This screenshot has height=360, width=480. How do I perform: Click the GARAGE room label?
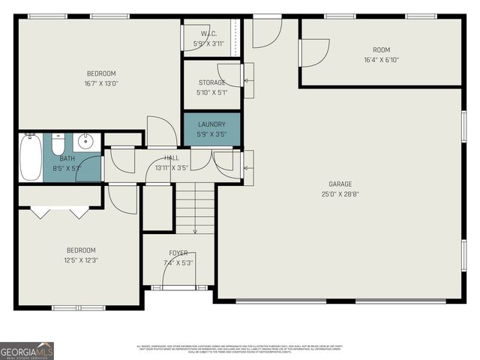[339, 184]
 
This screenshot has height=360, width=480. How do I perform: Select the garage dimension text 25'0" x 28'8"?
[339, 194]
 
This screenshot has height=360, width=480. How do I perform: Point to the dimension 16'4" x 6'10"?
[381, 59]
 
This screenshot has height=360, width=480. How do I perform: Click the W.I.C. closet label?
[208, 34]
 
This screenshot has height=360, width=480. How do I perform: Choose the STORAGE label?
[211, 82]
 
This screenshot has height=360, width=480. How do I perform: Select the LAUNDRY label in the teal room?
[211, 124]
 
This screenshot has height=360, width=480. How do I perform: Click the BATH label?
[67, 158]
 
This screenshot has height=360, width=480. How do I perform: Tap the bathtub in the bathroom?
[31, 157]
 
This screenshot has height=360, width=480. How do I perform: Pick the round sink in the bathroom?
[86, 140]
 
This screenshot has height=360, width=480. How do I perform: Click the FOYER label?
[178, 253]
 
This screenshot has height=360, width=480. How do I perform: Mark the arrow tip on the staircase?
[195, 232]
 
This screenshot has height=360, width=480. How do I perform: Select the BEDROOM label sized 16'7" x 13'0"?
[101, 73]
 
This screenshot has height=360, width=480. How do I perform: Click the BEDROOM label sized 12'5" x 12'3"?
[80, 250]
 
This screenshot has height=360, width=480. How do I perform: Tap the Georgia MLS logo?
[27, 350]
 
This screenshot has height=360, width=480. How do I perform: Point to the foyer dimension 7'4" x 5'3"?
[178, 262]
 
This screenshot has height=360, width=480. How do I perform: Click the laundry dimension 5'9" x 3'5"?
[211, 134]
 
